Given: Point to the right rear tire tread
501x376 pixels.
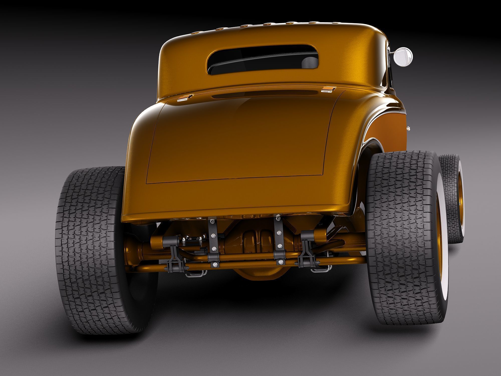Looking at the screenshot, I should pos(401,226).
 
